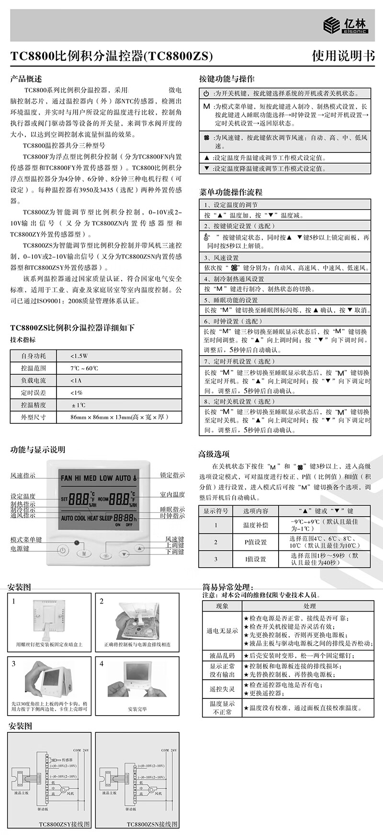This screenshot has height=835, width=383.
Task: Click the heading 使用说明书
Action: click(343, 56)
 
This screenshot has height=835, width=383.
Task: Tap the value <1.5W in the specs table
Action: click(79, 356)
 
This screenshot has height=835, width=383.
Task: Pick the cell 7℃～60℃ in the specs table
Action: click(84, 368)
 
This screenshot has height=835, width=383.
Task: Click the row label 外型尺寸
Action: click(34, 417)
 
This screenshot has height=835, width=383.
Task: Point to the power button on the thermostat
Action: click(62, 550)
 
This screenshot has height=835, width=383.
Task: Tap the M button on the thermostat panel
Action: click(84, 553)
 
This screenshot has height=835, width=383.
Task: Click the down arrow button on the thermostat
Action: click(124, 554)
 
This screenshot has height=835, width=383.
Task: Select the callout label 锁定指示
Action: click(172, 475)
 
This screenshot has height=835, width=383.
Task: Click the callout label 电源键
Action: click(20, 548)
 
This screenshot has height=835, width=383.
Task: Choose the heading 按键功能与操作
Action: click(227, 79)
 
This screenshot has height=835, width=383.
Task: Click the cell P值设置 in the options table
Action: click(255, 542)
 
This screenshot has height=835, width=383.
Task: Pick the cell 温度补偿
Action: click(255, 525)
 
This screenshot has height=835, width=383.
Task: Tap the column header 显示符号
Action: click(216, 511)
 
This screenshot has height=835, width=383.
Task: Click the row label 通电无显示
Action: click(222, 631)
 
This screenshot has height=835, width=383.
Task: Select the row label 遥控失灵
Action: click(222, 689)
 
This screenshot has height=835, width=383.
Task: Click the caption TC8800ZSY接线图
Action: click(64, 824)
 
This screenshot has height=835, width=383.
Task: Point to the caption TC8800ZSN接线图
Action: click(152, 824)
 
